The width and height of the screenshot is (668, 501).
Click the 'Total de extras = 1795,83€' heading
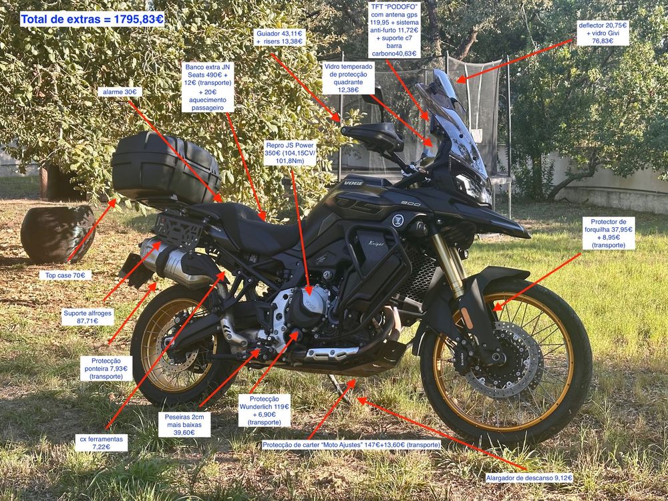pos(92,19)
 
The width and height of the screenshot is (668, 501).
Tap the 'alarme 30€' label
pos(120,92)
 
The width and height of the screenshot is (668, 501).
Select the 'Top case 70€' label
pos(65,275)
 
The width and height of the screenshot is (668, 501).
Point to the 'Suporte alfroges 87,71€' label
pos(88,317)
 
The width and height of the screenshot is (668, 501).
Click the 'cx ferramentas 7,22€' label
pos(102,443)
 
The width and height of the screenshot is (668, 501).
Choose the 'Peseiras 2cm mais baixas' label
pos(184,425)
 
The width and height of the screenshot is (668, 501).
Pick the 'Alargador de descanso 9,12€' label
pos(529,478)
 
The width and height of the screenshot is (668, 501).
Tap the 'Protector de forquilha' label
pos(609,233)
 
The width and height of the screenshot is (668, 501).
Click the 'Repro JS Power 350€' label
pos(290,153)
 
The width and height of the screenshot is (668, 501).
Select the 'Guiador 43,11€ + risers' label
pos(280,37)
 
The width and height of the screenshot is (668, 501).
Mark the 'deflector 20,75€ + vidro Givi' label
pos(603,33)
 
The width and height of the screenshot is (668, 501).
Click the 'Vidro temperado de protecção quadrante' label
pos(349,78)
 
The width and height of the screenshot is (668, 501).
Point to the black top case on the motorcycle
pos(165,167)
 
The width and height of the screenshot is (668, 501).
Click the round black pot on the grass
pos(57,234)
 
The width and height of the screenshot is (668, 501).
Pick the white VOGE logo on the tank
pos(353,183)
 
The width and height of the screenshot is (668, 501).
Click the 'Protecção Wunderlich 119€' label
pos(265,411)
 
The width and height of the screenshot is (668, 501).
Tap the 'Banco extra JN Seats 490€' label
pos(208,88)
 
